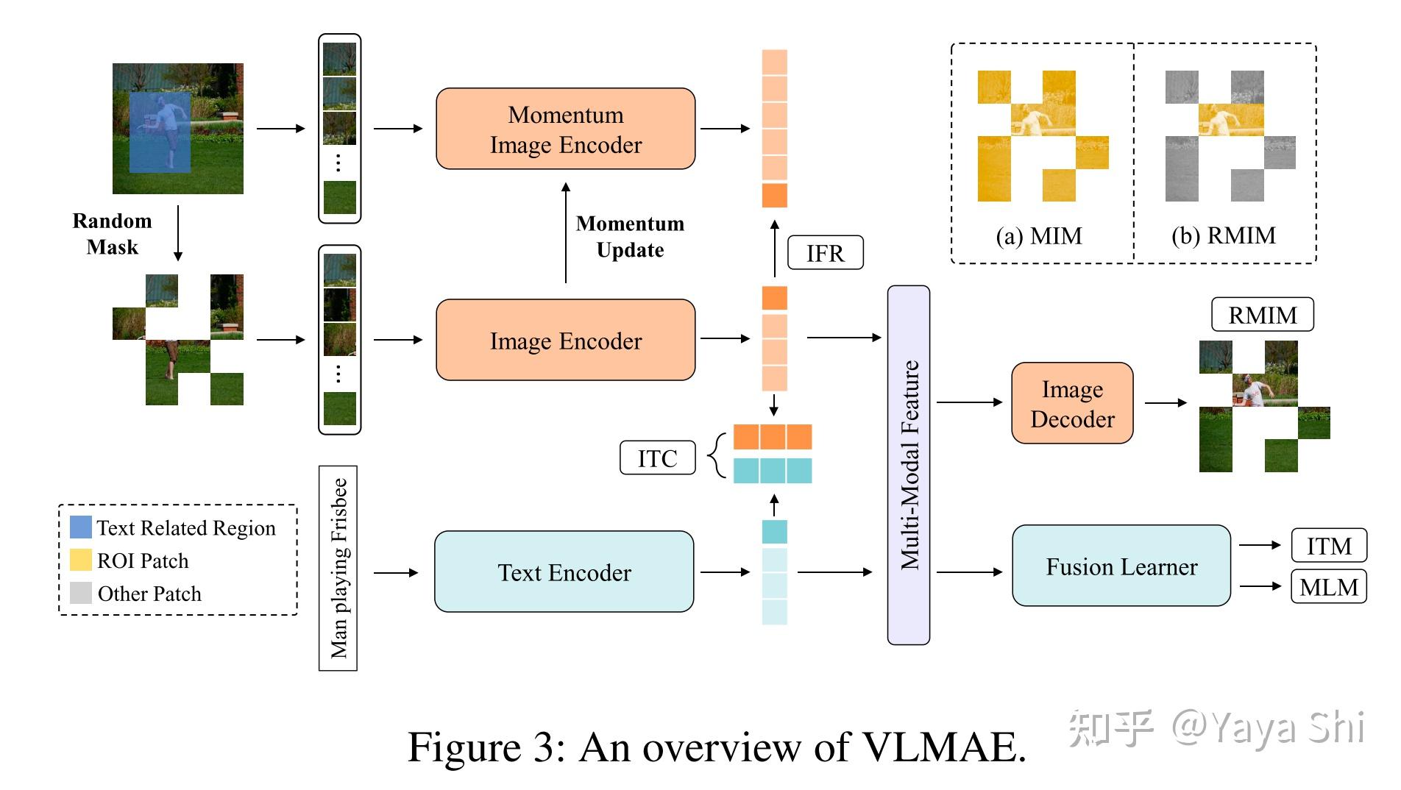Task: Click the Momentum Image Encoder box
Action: (x=565, y=129)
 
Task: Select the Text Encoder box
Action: (x=564, y=572)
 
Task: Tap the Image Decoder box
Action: (x=1072, y=403)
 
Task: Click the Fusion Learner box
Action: (x=1121, y=566)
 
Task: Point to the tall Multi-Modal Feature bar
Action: (x=909, y=465)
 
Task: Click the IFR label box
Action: (x=825, y=253)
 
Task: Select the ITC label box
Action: (x=657, y=458)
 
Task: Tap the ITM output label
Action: (x=1328, y=546)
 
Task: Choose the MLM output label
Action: (x=1328, y=586)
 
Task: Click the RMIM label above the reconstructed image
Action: (x=1262, y=315)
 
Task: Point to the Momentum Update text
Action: (x=630, y=236)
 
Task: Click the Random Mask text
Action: (x=112, y=234)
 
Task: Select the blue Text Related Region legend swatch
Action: (x=80, y=527)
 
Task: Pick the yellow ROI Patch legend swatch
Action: (x=80, y=560)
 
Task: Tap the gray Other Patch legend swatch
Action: (x=80, y=593)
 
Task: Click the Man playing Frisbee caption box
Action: (x=338, y=568)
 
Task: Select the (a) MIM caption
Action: (x=1038, y=236)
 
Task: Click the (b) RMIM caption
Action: (x=1223, y=235)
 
